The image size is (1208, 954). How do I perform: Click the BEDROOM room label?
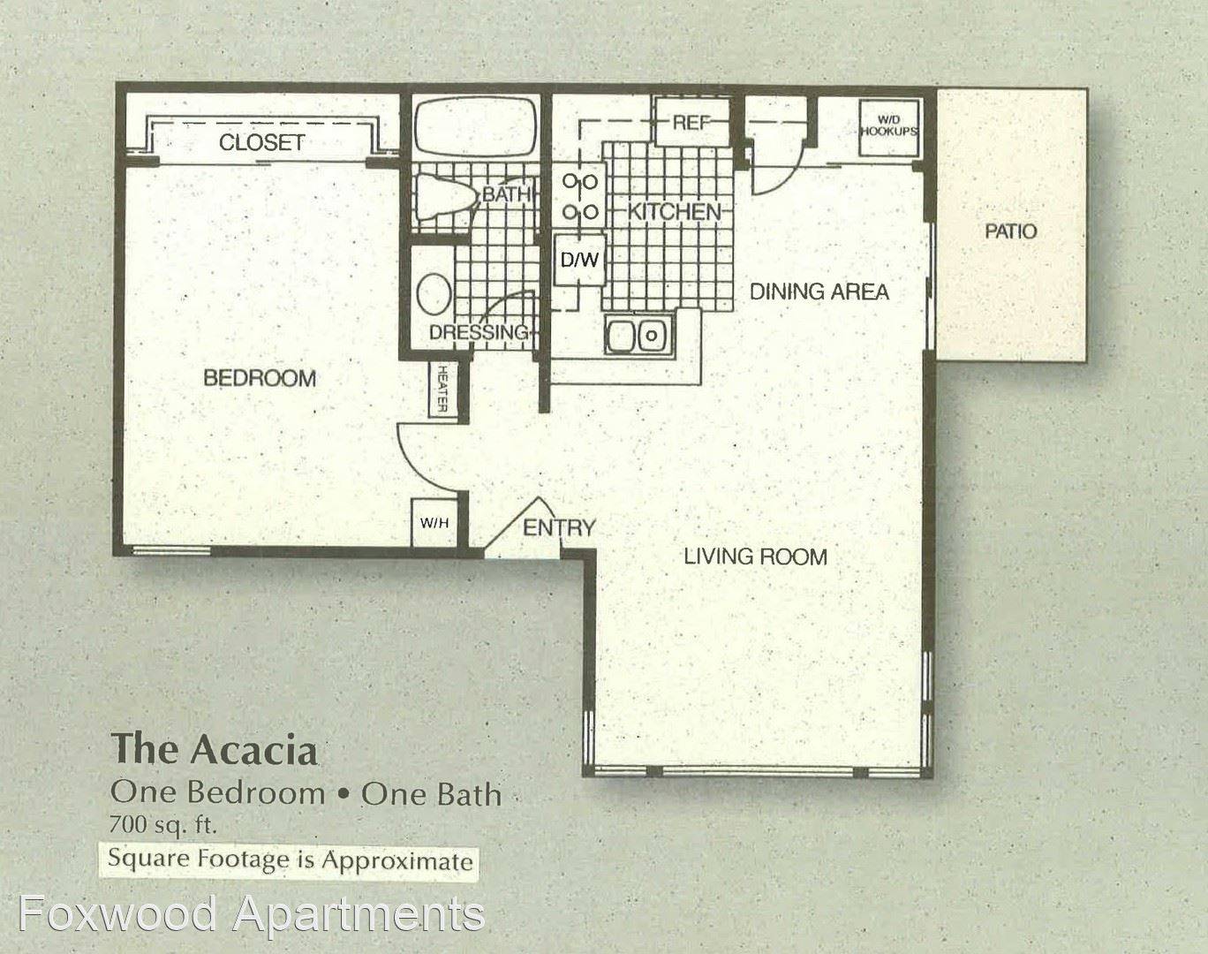tap(260, 378)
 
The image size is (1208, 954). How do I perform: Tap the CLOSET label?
tap(261, 142)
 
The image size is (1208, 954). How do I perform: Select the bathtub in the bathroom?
tap(475, 128)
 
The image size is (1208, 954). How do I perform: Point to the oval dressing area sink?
tap(434, 293)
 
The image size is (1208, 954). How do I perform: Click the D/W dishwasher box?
tap(580, 260)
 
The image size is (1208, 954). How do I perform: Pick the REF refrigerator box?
tap(692, 122)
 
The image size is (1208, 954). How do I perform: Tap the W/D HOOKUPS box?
tap(889, 128)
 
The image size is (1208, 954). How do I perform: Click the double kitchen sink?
tap(638, 335)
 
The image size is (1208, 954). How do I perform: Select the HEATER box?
tap(443, 389)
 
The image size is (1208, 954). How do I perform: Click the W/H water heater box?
tap(434, 523)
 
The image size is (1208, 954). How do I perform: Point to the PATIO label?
tap(1011, 231)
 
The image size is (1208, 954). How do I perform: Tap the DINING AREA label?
tap(819, 292)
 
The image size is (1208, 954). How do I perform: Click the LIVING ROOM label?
tap(756, 556)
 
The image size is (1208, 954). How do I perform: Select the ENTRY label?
tap(559, 528)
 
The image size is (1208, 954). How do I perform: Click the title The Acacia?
tap(215, 749)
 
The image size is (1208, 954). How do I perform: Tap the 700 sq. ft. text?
tap(162, 825)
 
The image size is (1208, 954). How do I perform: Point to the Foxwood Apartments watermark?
tap(252, 914)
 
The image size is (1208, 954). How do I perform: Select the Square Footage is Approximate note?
tap(290, 859)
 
